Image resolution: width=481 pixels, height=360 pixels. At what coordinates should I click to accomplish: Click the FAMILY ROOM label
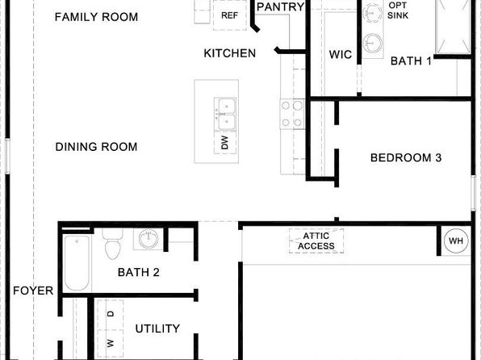[x=96, y=17]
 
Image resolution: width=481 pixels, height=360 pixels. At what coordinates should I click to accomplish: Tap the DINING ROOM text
[x=96, y=147]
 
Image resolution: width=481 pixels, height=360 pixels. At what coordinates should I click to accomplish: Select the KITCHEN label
[x=230, y=53]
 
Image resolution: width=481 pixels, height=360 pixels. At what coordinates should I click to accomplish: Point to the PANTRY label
[x=280, y=6]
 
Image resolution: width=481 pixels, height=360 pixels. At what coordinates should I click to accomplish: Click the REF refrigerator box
[x=230, y=15]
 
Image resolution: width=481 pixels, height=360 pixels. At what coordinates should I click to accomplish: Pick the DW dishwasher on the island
[x=225, y=142]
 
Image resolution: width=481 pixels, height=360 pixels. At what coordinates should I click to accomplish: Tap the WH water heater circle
[x=456, y=241]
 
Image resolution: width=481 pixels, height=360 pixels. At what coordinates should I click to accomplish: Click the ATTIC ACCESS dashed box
[x=316, y=241]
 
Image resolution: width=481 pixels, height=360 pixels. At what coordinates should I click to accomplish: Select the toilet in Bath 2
[x=112, y=244]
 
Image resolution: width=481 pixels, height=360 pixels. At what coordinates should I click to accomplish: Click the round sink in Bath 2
[x=148, y=239]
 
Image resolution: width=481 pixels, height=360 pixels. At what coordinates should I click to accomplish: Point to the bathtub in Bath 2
[x=77, y=263]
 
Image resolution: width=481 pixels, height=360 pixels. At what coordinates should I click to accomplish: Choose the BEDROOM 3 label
[x=406, y=157]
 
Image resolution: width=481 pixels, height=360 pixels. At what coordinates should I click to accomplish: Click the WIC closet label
[x=341, y=55]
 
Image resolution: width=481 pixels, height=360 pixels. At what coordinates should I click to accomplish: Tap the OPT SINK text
[x=398, y=10]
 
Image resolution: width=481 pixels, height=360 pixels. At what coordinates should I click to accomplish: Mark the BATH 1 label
[x=411, y=61]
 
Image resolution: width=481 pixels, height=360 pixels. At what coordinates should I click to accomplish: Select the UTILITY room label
[x=157, y=329]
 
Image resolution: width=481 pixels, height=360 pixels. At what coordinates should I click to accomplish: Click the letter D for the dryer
[x=111, y=314]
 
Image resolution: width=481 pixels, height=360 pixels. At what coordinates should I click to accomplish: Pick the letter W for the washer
[x=111, y=343]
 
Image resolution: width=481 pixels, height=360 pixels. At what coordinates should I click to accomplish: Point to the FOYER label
[x=33, y=291]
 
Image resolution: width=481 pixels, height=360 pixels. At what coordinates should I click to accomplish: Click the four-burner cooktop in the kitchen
[x=291, y=114]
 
